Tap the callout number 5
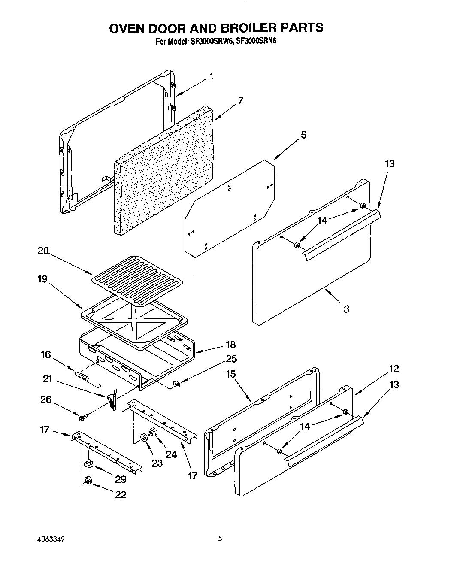click(x=303, y=135)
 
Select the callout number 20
click(x=43, y=251)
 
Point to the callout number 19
click(x=42, y=279)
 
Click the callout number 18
click(x=230, y=345)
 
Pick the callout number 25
click(x=231, y=359)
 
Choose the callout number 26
click(x=45, y=400)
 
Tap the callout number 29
click(x=121, y=480)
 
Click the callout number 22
click(x=121, y=495)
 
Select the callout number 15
click(x=230, y=374)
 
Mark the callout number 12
click(x=393, y=369)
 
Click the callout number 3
click(x=346, y=309)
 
